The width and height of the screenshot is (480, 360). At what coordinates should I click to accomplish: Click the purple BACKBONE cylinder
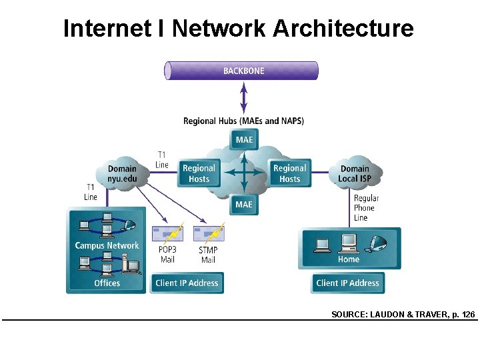tap(241, 71)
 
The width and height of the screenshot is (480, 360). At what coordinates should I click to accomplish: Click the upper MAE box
tap(244, 139)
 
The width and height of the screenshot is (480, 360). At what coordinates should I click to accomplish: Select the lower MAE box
tap(244, 204)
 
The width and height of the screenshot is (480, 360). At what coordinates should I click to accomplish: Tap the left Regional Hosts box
tap(199, 173)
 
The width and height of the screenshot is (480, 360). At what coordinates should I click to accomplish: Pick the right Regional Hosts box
tap(289, 173)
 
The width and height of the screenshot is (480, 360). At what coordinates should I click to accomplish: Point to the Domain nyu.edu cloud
tap(121, 173)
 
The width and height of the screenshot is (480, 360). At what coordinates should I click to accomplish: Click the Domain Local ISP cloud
tap(355, 173)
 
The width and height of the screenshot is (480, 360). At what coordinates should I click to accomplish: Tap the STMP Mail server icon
tap(208, 234)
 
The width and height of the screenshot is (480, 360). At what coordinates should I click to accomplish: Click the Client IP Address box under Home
tap(347, 283)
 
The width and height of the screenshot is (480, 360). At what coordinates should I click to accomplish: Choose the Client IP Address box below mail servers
tap(187, 283)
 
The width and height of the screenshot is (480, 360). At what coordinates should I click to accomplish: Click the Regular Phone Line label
tap(366, 208)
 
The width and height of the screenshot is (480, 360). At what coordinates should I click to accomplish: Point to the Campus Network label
tap(107, 245)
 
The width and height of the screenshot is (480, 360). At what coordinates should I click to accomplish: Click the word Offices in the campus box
tap(107, 283)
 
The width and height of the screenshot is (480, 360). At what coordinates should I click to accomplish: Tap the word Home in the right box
tap(349, 259)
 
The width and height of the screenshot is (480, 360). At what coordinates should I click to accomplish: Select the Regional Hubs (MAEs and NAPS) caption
tap(243, 121)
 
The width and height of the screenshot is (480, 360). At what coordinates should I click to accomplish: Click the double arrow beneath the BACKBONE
tap(243, 97)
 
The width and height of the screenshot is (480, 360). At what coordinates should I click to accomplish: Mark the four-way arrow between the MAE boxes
tap(244, 172)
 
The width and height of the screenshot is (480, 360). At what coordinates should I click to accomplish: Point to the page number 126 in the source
tap(467, 313)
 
